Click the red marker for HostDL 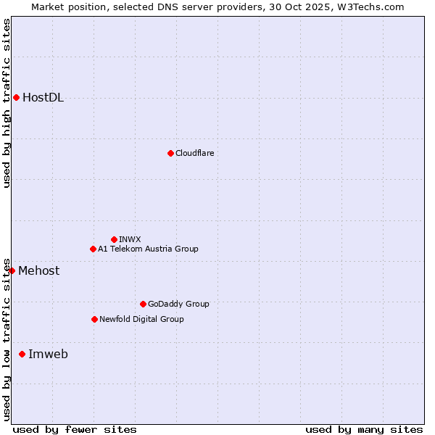pos(16,97)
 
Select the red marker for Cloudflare pos(170,153)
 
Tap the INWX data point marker pos(114,239)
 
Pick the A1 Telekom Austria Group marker pos(93,249)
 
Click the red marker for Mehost pos(12,270)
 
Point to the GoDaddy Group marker pos(143,304)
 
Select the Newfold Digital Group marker pos(94,319)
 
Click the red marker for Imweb pos(22,354)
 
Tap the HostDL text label pos(43,98)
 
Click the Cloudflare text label pos(194,153)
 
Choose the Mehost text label pos(39,271)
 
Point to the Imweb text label pos(48,355)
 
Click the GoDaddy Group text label pos(178,304)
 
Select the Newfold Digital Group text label pos(141,319)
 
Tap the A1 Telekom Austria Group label pos(148,249)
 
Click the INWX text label pos(130,239)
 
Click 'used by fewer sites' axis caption pos(75,429)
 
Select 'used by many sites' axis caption pos(364,429)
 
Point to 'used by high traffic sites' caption pos(7,103)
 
